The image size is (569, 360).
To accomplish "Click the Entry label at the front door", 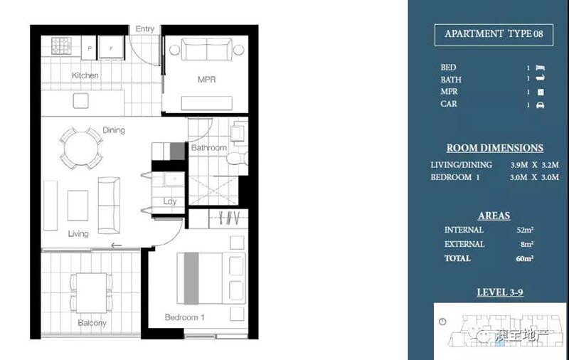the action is pos(145,28).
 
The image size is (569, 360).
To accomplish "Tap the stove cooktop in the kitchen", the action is pos(61,46).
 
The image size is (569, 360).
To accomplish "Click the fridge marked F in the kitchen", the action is pos(112,48).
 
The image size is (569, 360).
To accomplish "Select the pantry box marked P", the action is pos(89,48).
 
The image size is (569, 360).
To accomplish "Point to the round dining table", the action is pos(81,149).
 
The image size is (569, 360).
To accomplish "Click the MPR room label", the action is pos(206,80).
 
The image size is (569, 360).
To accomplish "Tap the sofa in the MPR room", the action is pos(206,49).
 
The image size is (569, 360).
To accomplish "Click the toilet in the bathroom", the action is pos(238,159).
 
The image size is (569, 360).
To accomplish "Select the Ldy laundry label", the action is pos(170,201).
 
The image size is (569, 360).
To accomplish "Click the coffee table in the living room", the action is pos(78,206).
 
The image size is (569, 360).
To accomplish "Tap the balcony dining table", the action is pos(92,293).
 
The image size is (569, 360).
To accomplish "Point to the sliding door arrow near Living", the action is pos(116,245).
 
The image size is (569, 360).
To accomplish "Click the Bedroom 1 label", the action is pos(184,317).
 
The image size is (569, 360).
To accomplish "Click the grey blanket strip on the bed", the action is pos(191,278).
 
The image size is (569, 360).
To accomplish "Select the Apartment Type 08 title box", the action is pos(494,35).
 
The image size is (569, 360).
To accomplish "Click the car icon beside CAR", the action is pos(541,105).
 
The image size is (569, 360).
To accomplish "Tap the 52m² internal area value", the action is pos(525,230).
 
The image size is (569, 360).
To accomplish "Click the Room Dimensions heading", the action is pos(495,148).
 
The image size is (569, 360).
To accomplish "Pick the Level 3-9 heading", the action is pos(500,292).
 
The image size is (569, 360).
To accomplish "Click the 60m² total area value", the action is pos(525,258).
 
